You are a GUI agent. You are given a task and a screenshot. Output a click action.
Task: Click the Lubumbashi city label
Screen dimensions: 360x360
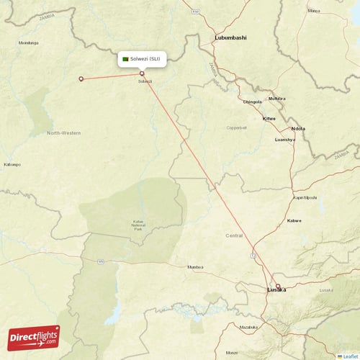click(x=230, y=36)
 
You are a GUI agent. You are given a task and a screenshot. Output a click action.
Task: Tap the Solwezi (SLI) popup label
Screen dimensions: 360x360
click(x=148, y=59)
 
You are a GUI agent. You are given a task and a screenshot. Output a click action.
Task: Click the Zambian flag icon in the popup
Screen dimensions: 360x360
click(x=126, y=59)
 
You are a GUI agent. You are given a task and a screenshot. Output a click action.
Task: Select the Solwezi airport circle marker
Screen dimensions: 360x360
click(x=142, y=73)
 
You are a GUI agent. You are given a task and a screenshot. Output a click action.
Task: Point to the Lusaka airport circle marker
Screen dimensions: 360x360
click(x=278, y=286)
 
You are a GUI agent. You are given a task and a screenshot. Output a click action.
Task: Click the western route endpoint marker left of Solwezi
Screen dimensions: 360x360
click(x=81, y=78)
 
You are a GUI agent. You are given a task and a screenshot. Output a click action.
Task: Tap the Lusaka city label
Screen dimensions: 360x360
click(x=276, y=291)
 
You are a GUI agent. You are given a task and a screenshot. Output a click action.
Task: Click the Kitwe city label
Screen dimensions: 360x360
click(x=269, y=117)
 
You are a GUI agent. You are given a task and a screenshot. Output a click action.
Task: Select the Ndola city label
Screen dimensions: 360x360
click(x=299, y=128)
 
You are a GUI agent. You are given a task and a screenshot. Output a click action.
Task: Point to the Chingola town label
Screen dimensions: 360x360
click(x=253, y=102)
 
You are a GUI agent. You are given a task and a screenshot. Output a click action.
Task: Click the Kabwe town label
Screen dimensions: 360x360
click(x=294, y=220)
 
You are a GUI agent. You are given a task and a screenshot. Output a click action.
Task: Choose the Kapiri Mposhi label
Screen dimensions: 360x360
click(x=305, y=197)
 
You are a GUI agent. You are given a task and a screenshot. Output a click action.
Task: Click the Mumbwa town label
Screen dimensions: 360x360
click(x=196, y=266)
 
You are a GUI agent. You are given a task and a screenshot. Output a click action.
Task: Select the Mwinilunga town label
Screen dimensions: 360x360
click(x=29, y=43)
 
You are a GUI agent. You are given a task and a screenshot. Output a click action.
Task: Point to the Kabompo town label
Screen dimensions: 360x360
click(x=12, y=164)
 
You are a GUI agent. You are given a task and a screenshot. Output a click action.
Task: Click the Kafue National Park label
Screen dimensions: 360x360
click(x=138, y=225)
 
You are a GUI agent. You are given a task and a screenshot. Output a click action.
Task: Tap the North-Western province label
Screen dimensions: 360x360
click(x=63, y=133)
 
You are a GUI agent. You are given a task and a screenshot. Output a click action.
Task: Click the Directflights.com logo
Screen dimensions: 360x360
click(x=33, y=337)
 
